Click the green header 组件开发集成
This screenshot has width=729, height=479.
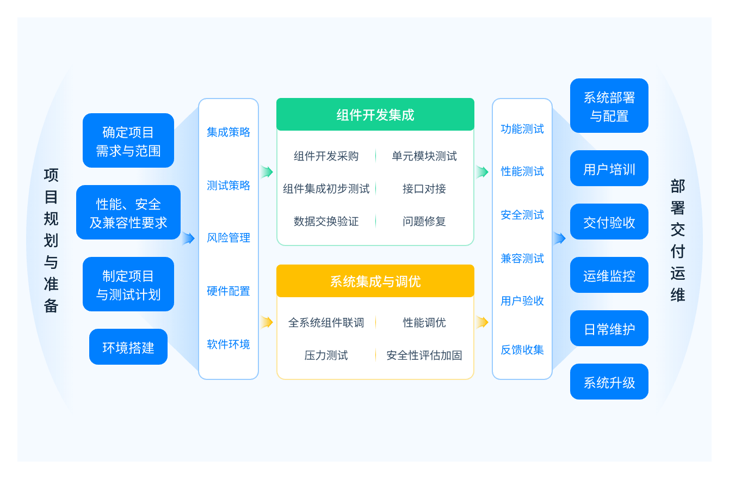375,114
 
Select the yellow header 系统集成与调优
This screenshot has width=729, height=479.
375,281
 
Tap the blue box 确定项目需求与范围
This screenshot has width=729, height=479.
128,140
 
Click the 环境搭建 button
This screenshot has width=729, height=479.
128,347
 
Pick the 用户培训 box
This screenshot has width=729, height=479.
609,168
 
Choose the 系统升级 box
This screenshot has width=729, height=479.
609,382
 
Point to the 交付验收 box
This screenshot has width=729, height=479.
609,222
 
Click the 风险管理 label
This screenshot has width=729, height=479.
228,238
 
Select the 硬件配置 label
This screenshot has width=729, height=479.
228,291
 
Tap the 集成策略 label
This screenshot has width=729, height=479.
228,132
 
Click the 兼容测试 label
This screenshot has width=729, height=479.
522,259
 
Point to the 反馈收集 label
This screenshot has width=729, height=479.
522,350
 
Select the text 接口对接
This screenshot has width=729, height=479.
424,189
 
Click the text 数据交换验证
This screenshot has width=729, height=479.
326,222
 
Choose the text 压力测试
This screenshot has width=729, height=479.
326,355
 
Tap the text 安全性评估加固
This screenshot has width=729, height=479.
424,355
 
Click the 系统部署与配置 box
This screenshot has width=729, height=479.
609,106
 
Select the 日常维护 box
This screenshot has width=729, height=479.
609,328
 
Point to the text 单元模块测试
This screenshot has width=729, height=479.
424,156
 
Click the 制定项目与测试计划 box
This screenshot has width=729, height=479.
128,284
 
